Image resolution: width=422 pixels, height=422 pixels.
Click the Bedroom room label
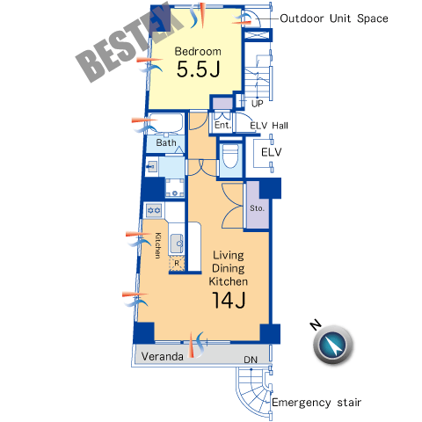198,51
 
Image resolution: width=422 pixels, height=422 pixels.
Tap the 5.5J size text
198,69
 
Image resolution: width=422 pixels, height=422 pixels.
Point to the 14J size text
229,300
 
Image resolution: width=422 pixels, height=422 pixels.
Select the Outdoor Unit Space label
334,18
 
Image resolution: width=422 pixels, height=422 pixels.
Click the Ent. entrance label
222,125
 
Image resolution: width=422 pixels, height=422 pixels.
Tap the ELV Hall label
269,126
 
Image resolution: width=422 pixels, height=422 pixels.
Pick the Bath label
166,142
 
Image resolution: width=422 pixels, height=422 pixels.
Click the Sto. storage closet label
257,208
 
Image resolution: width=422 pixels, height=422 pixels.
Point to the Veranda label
163,356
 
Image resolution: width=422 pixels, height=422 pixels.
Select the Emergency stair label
316,403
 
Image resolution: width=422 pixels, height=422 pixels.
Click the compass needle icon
333,344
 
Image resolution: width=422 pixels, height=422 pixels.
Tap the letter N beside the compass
316,324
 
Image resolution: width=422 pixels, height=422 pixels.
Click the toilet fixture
230,156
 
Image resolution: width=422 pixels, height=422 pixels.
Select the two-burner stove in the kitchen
154,210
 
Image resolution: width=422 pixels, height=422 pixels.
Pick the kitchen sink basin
177,243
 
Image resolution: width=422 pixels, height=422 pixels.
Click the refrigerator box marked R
177,263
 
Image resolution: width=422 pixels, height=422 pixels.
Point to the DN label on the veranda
251,360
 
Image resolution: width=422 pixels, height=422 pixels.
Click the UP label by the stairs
257,104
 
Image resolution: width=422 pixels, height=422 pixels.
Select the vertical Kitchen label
157,245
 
